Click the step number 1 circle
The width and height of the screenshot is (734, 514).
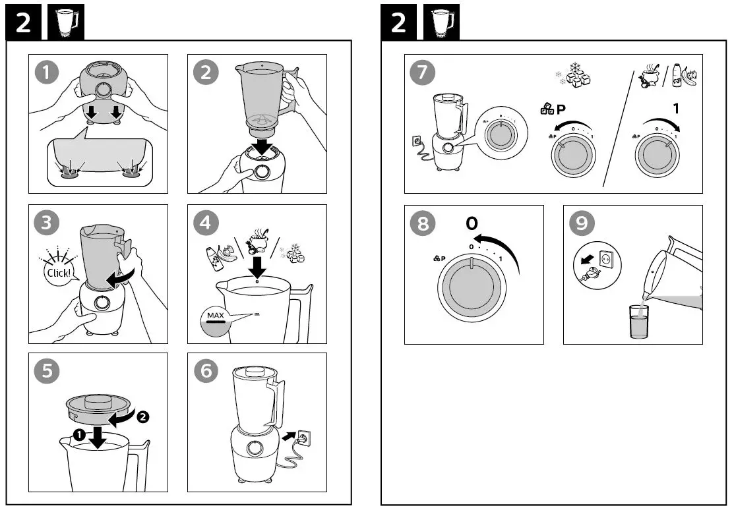[x=46, y=72]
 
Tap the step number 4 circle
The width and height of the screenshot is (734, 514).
[x=206, y=222]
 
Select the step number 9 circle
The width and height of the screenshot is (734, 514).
[x=581, y=223]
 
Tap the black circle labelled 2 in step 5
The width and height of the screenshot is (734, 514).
[x=143, y=416]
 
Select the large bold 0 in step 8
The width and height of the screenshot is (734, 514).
[x=472, y=223]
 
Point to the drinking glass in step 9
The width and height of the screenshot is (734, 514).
[x=639, y=322]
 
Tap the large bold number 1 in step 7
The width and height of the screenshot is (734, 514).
[x=675, y=108]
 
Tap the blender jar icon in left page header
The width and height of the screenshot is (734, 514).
[x=64, y=23]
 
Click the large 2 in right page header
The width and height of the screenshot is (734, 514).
[x=398, y=23]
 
